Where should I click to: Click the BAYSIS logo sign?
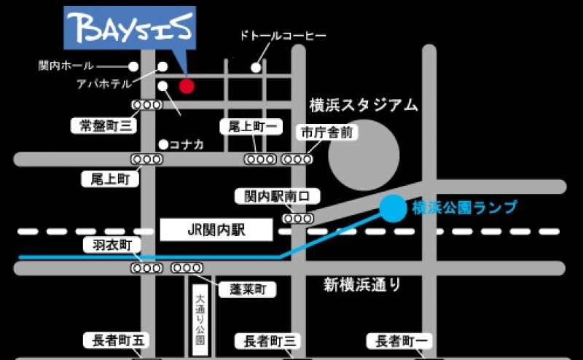pyautogui.click(x=130, y=29)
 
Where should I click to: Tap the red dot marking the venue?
pyautogui.click(x=187, y=86)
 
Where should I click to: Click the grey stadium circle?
pyautogui.click(x=363, y=156)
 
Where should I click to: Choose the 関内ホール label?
pyautogui.click(x=66, y=66)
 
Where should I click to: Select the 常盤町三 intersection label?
pyautogui.click(x=104, y=125)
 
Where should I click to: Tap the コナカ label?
pyautogui.click(x=187, y=144)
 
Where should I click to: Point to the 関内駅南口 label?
pyautogui.click(x=278, y=195)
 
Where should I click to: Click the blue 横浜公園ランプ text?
pyautogui.click(x=464, y=208)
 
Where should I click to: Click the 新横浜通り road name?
pyautogui.click(x=361, y=284)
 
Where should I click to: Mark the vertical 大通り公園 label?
pyautogui.click(x=200, y=316)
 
